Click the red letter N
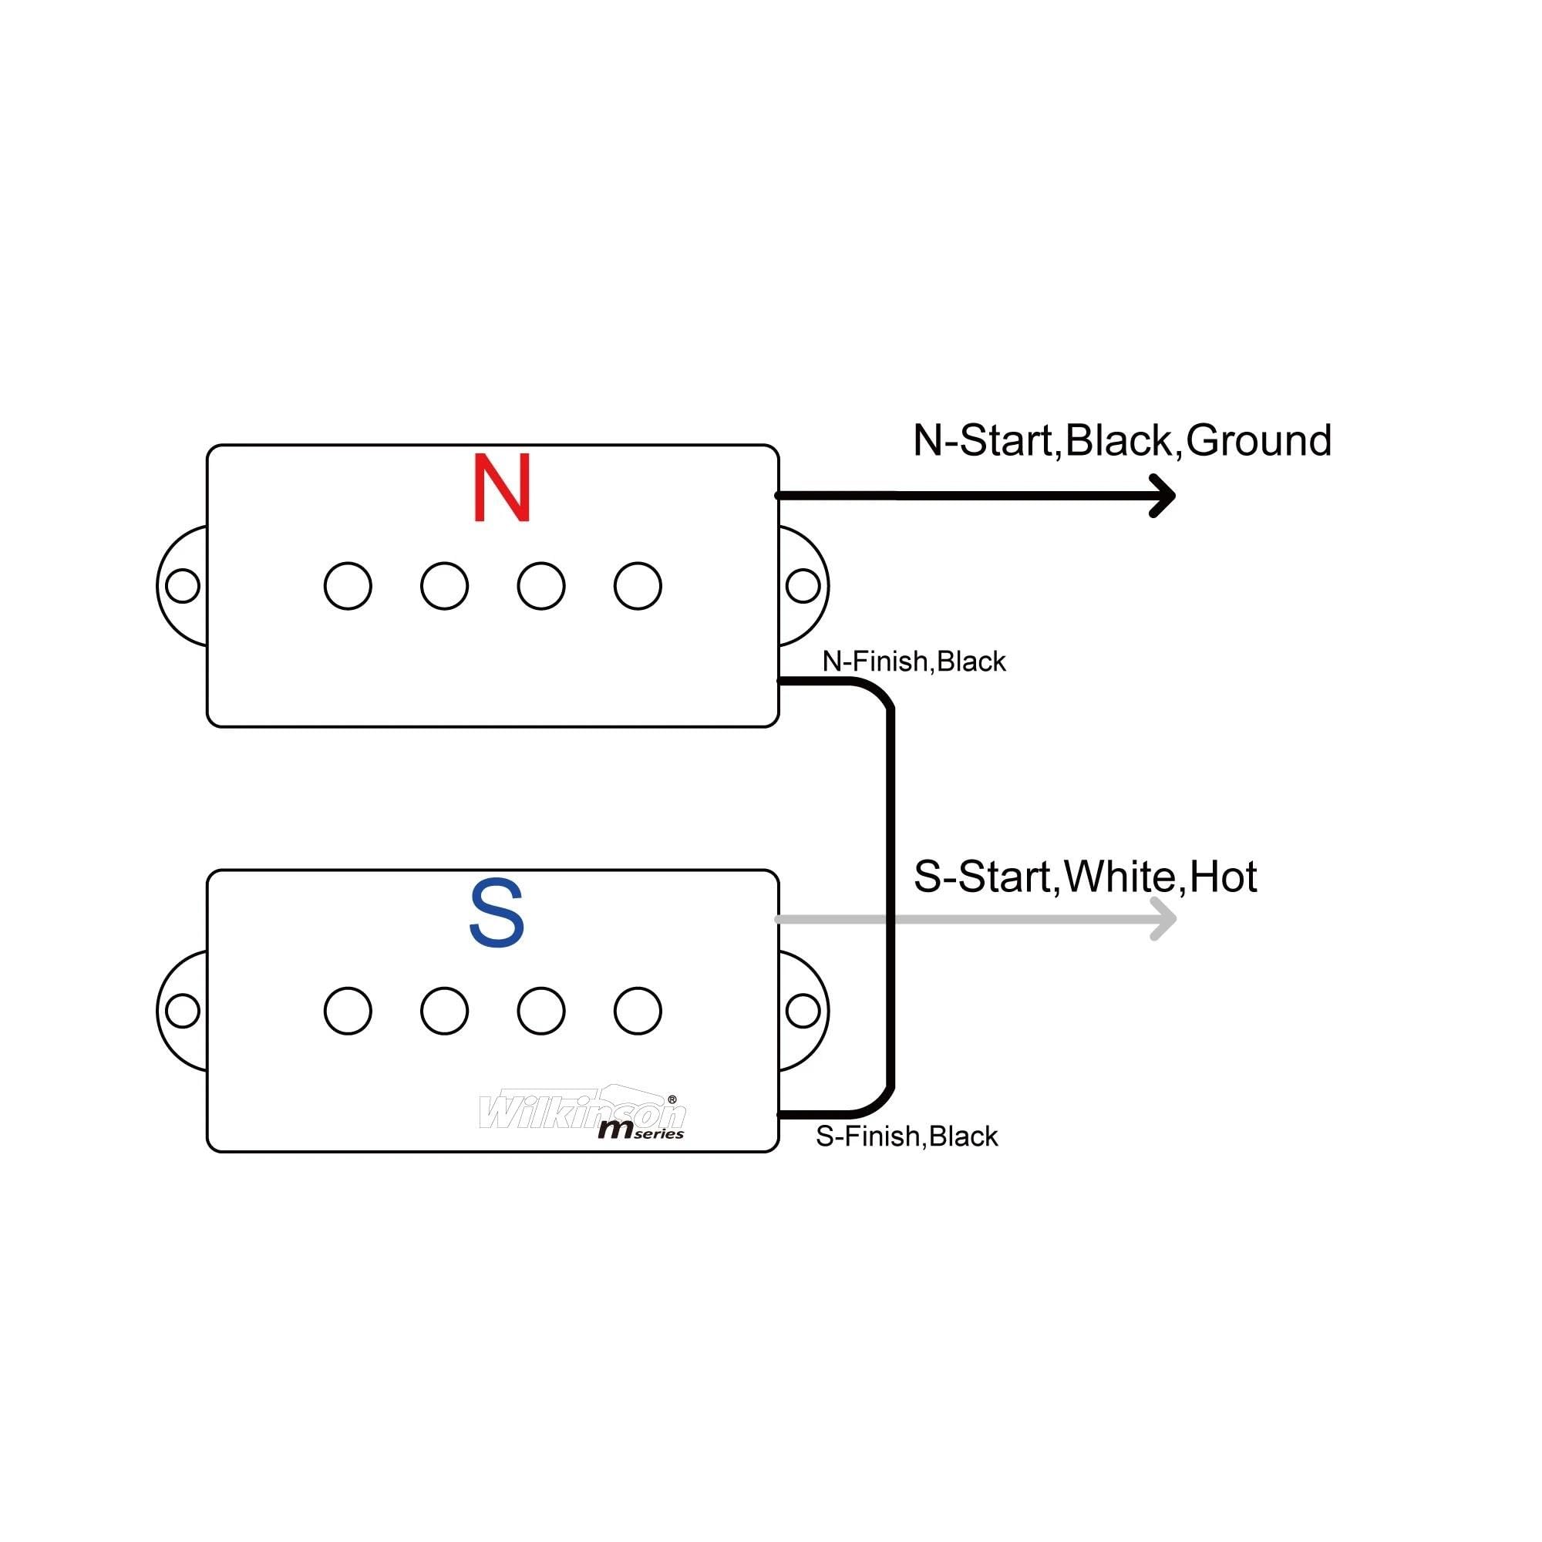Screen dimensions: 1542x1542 pyautogui.click(x=501, y=488)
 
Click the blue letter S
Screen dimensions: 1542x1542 pyautogui.click(x=497, y=913)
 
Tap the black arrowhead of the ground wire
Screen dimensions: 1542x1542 pyautogui.click(x=1163, y=496)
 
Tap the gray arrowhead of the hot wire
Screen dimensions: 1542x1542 pyautogui.click(x=1163, y=920)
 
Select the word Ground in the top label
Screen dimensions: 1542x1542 pyautogui.click(x=1259, y=440)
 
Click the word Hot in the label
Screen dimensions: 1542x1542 pyautogui.click(x=1223, y=877)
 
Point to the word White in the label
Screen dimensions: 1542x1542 pyautogui.click(x=1119, y=877)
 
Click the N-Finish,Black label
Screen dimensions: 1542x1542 pyautogui.click(x=914, y=662)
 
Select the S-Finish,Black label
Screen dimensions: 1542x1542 pyautogui.click(x=907, y=1136)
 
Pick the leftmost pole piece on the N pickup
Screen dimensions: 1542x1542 pyautogui.click(x=348, y=586)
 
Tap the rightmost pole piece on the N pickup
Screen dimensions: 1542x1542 pyautogui.click(x=638, y=586)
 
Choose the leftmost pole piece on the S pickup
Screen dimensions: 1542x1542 pyautogui.click(x=348, y=1012)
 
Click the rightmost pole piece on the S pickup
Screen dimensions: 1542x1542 pyautogui.click(x=638, y=1012)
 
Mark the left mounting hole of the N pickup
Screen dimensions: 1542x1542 pyautogui.click(x=182, y=586)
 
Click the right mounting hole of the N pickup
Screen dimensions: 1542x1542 pyautogui.click(x=803, y=586)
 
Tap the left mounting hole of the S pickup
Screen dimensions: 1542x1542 pyautogui.click(x=182, y=1012)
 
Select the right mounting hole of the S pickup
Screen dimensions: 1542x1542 pyautogui.click(x=803, y=1012)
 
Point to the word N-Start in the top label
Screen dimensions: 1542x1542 pyautogui.click(x=983, y=440)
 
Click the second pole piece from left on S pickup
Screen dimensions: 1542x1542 pyautogui.click(x=445, y=1012)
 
